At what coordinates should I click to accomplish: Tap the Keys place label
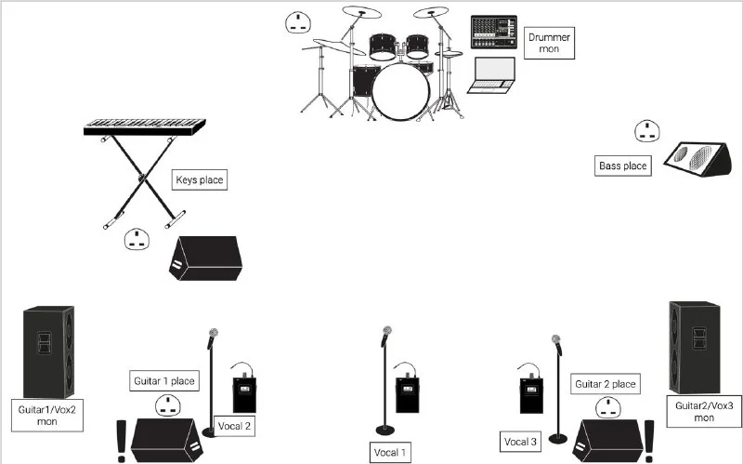point(199,179)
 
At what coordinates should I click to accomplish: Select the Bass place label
point(622,166)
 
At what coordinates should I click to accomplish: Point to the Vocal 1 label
point(389,452)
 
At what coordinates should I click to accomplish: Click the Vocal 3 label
point(520,442)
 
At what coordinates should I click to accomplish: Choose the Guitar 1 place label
point(163,380)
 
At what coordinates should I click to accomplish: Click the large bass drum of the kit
point(401,92)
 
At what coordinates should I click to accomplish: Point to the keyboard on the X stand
point(144,126)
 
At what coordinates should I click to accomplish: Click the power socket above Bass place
point(647,131)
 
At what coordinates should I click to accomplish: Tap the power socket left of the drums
point(298,22)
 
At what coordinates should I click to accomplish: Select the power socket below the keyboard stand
point(137,241)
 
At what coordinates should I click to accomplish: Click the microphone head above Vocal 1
point(384,333)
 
